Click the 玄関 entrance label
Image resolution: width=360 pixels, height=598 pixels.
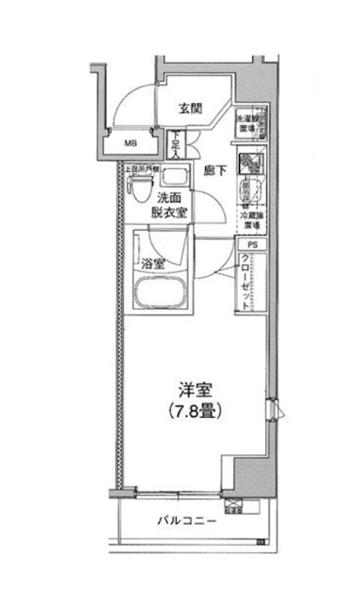click(x=190, y=109)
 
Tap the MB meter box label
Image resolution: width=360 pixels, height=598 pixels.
click(x=130, y=143)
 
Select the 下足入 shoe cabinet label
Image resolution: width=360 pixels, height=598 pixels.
click(x=176, y=145)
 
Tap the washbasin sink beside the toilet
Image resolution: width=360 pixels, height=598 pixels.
click(x=175, y=178)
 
